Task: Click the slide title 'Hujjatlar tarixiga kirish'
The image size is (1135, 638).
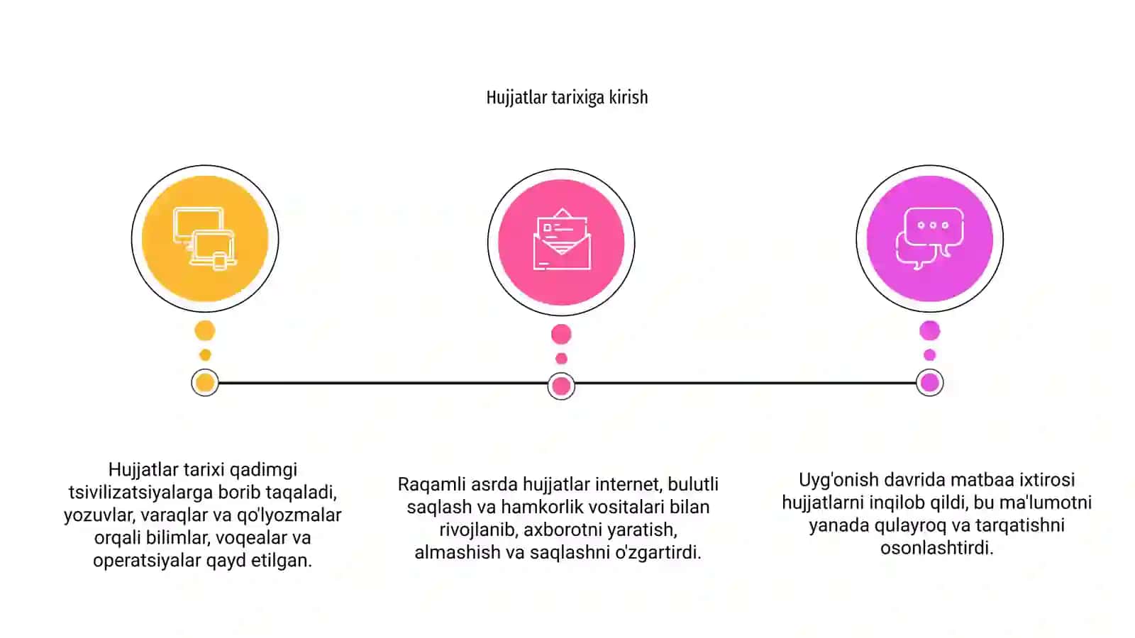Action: tap(567, 97)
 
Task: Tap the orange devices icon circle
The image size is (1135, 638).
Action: tap(205, 238)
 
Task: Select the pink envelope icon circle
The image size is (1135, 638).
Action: tap(561, 242)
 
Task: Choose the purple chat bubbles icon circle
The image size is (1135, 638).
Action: tap(930, 238)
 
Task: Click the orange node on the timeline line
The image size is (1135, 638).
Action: tap(205, 383)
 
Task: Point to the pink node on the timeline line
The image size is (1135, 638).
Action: tap(561, 386)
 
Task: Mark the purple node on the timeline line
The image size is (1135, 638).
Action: tap(930, 383)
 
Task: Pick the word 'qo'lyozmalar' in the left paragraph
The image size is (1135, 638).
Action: tap(289, 515)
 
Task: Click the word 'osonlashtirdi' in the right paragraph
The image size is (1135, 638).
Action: tap(936, 548)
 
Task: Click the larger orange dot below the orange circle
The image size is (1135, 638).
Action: tap(205, 331)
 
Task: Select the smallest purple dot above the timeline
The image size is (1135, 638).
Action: tap(930, 355)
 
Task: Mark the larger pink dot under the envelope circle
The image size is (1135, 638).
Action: tap(561, 334)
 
